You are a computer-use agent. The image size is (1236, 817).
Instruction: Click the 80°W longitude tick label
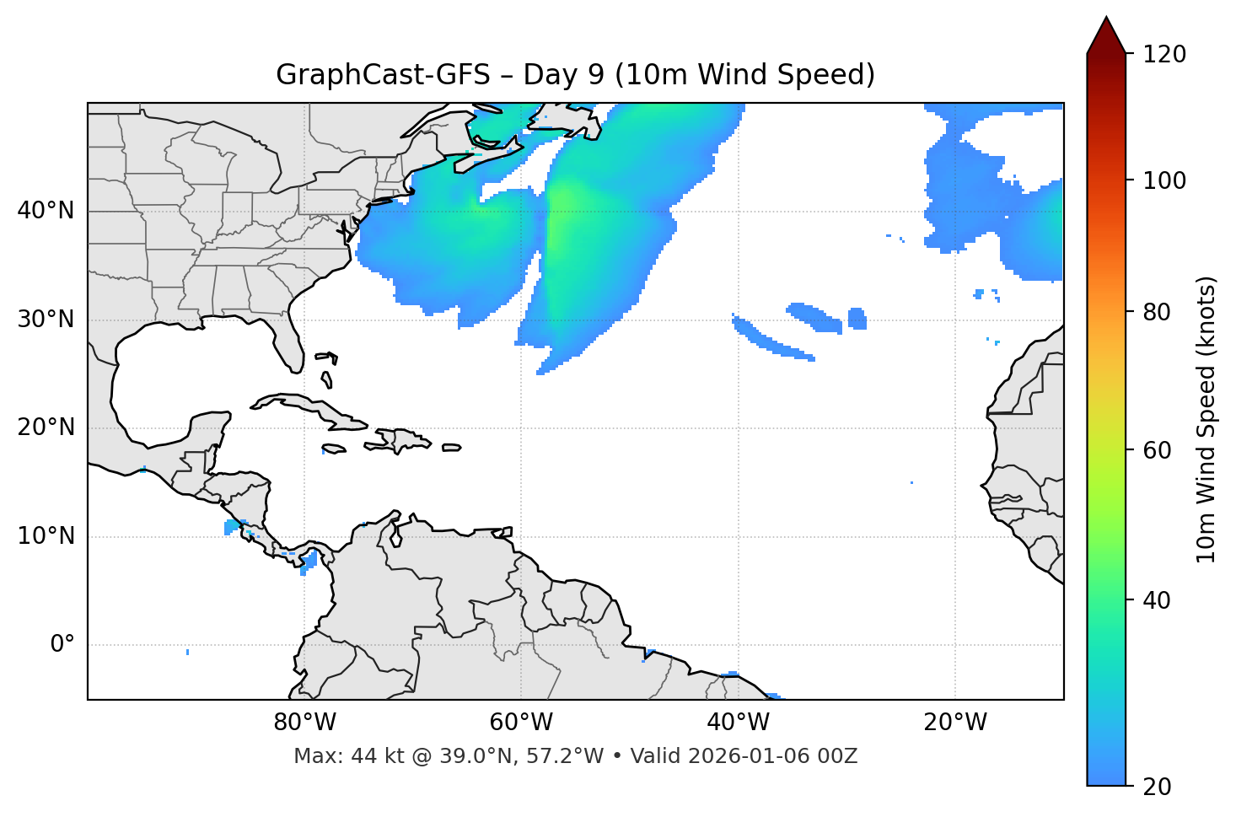304,723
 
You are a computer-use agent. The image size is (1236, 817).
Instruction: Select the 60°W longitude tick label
521,723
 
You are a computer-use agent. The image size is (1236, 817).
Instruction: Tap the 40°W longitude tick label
738,723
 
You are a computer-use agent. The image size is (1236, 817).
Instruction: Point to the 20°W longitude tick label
955,723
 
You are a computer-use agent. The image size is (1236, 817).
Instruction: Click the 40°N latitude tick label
46,211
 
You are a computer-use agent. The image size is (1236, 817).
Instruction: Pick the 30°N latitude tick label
46,320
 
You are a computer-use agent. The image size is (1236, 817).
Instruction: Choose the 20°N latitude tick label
46,427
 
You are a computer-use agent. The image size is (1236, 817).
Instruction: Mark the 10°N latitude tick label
46,536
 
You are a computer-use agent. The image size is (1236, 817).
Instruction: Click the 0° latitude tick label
62,645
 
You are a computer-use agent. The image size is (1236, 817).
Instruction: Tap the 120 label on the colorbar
1164,55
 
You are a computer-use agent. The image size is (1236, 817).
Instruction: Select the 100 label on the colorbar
1164,180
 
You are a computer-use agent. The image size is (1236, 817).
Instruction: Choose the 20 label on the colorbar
1157,787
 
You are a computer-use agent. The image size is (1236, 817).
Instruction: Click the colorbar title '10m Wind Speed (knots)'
1207,419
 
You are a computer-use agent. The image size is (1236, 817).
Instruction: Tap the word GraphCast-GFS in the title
383,75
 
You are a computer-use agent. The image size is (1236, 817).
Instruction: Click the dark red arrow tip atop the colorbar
1106,34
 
